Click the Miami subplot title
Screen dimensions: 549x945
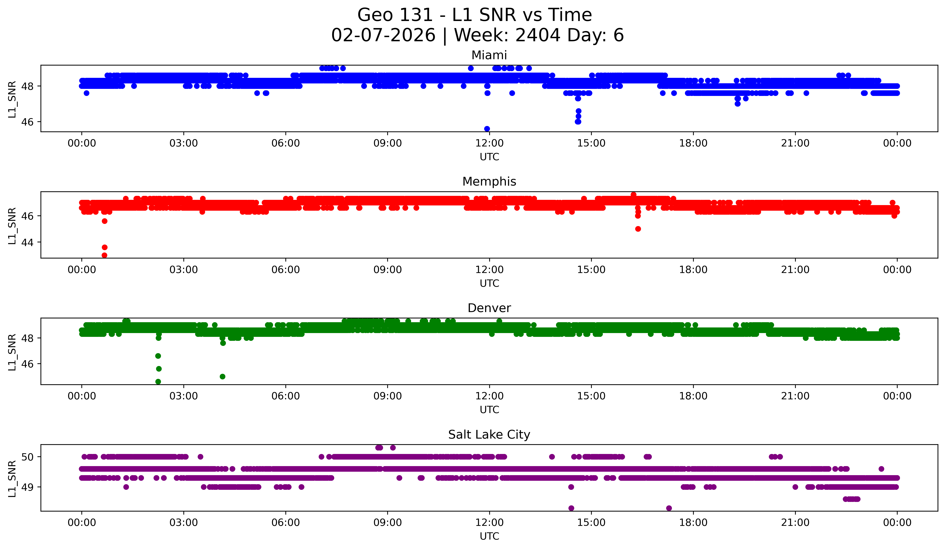coord(489,55)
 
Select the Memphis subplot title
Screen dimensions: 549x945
coord(489,182)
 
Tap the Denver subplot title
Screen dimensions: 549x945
coord(489,308)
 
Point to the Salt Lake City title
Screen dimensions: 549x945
coord(489,435)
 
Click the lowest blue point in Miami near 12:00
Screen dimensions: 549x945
coord(487,129)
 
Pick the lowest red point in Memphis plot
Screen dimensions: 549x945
coord(105,255)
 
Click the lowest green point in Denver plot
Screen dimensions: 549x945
coord(158,382)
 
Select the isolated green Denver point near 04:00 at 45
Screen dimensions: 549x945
coord(222,376)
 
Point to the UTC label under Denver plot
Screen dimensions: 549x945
coord(489,410)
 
